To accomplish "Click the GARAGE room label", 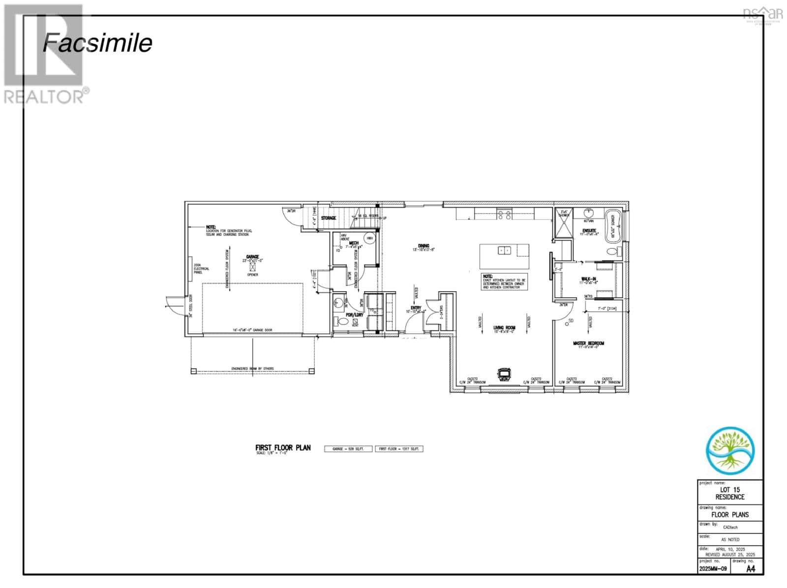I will tap(253, 257).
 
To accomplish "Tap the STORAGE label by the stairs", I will tap(329, 218).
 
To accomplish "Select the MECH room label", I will tap(354, 243).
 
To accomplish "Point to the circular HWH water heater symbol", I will tap(369, 239).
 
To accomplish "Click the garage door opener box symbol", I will tap(253, 267).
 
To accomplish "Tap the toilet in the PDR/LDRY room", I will tap(343, 322).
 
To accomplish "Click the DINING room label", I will tap(424, 246).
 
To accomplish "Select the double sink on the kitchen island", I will tap(504, 250).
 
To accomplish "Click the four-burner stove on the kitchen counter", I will tap(504, 214).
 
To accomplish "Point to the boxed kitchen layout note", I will tap(504, 281).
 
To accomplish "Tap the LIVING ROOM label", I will tap(504, 328).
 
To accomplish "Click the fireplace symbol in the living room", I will tap(504, 374).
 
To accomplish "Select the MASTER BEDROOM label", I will tap(588, 343).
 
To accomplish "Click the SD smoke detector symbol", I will tap(571, 321).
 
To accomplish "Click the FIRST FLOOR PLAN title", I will tap(283, 448).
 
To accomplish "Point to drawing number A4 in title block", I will tap(751, 569).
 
